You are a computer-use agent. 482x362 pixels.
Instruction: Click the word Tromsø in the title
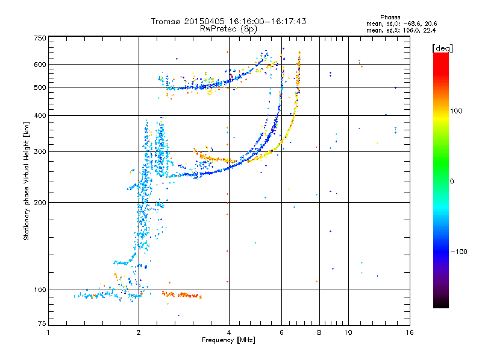click(x=166, y=21)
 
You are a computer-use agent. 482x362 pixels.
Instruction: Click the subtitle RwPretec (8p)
click(x=228, y=29)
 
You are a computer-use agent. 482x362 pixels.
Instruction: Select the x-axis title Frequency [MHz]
click(x=228, y=340)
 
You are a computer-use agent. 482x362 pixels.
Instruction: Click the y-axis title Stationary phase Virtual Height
click(x=26, y=182)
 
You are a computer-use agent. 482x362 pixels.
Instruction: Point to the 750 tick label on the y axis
click(x=40, y=38)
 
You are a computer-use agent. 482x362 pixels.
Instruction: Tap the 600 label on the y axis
click(x=40, y=65)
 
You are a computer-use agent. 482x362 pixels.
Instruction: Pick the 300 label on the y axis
click(x=40, y=152)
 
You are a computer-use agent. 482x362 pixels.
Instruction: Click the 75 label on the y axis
click(x=42, y=323)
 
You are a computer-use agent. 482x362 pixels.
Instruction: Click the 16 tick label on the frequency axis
click(x=410, y=332)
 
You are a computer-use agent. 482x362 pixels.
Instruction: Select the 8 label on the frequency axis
click(x=319, y=332)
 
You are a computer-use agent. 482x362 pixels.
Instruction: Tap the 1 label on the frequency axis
click(x=48, y=332)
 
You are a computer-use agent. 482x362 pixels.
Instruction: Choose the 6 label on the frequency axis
click(x=281, y=332)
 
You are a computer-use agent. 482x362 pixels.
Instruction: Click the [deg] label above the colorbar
click(x=442, y=48)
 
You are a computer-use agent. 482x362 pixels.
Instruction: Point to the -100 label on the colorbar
click(x=459, y=252)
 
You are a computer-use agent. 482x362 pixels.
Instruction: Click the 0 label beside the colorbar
click(x=452, y=182)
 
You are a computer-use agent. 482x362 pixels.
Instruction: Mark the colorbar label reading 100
click(x=456, y=111)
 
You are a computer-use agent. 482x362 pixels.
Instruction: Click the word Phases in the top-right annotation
click(x=390, y=17)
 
